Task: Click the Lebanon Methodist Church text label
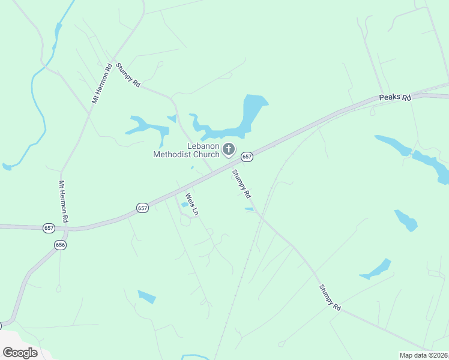pyautogui.click(x=186, y=150)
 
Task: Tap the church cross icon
pyautogui.click(x=228, y=149)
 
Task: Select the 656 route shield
pyautogui.click(x=59, y=245)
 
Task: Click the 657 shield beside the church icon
pyautogui.click(x=247, y=157)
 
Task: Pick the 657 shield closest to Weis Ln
pyautogui.click(x=142, y=208)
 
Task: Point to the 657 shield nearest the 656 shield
pyautogui.click(x=49, y=228)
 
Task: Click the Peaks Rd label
pyautogui.click(x=394, y=97)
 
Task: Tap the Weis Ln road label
pyautogui.click(x=191, y=205)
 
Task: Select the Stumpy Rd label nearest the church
pyautogui.click(x=241, y=184)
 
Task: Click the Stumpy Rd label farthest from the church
pyautogui.click(x=330, y=297)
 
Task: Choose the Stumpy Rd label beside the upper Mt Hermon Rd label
pyautogui.click(x=128, y=76)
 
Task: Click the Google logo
pyautogui.click(x=20, y=352)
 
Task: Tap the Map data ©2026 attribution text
pyautogui.click(x=424, y=355)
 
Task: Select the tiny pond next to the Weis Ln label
pyautogui.click(x=184, y=205)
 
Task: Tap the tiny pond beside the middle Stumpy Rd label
pyautogui.click(x=249, y=209)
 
